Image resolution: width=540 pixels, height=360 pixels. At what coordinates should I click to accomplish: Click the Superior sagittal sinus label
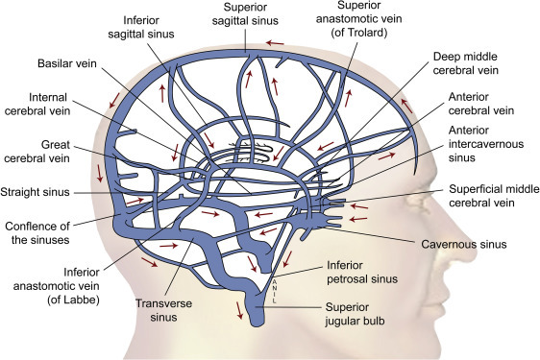tap(245, 13)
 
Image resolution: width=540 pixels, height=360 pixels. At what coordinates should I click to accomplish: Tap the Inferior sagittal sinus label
tap(141, 27)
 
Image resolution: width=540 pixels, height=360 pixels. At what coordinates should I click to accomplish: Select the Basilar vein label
tap(67, 63)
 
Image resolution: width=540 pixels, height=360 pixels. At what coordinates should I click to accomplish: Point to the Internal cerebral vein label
tap(37, 104)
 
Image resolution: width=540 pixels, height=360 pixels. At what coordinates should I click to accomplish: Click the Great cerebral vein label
tap(37, 152)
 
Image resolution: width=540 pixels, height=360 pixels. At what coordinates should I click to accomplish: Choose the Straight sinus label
tap(35, 192)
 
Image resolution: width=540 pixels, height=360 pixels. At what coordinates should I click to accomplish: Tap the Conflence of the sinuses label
tap(37, 232)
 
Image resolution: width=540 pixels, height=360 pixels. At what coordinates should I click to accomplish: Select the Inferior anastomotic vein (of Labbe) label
tap(57, 286)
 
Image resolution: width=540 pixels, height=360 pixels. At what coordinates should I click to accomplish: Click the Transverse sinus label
tap(163, 310)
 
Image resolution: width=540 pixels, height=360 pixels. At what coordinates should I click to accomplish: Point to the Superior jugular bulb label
tap(355, 314)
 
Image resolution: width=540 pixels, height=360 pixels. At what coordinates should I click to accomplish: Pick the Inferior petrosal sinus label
tap(362, 272)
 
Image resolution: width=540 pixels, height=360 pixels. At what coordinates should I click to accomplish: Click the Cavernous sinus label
tap(464, 245)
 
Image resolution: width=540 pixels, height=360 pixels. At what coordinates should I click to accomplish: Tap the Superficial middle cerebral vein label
tap(494, 196)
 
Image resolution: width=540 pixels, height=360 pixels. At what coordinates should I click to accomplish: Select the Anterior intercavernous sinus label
tap(486, 144)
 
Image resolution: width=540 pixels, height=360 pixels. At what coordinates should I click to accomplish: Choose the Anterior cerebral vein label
tap(481, 104)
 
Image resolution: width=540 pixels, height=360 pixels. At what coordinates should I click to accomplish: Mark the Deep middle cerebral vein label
tap(466, 63)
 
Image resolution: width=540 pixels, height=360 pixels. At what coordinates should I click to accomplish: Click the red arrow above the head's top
tap(275, 43)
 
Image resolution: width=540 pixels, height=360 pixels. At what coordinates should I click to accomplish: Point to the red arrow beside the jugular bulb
tap(239, 310)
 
